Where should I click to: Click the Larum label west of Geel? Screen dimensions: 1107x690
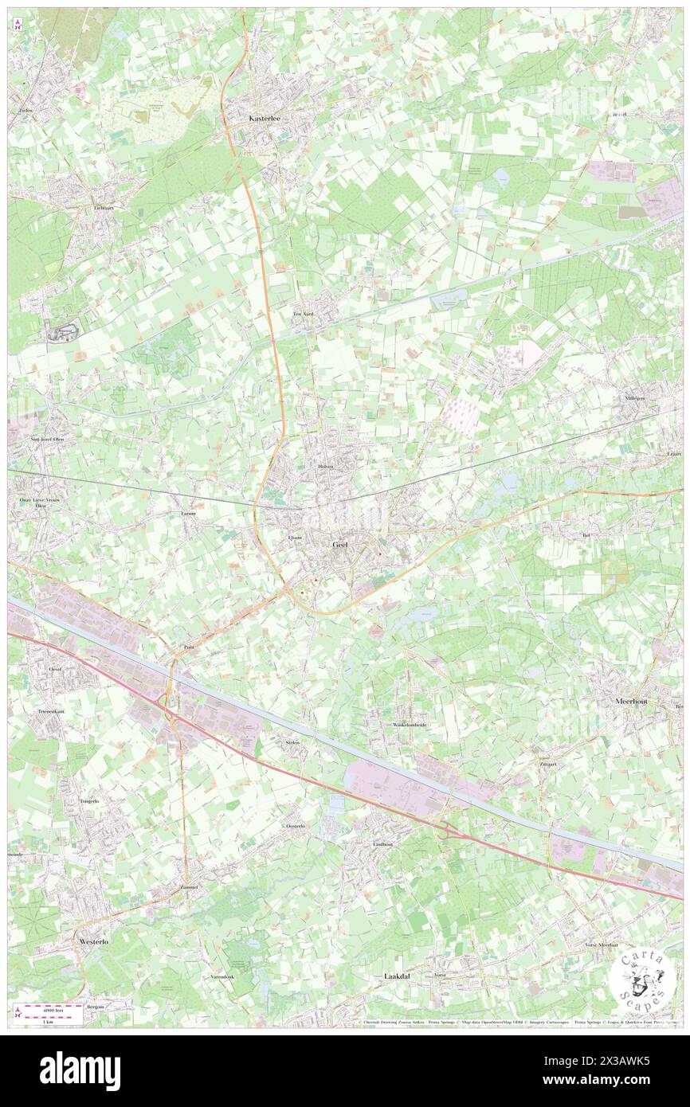tap(188, 514)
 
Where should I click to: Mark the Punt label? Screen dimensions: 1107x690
tap(189, 647)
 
